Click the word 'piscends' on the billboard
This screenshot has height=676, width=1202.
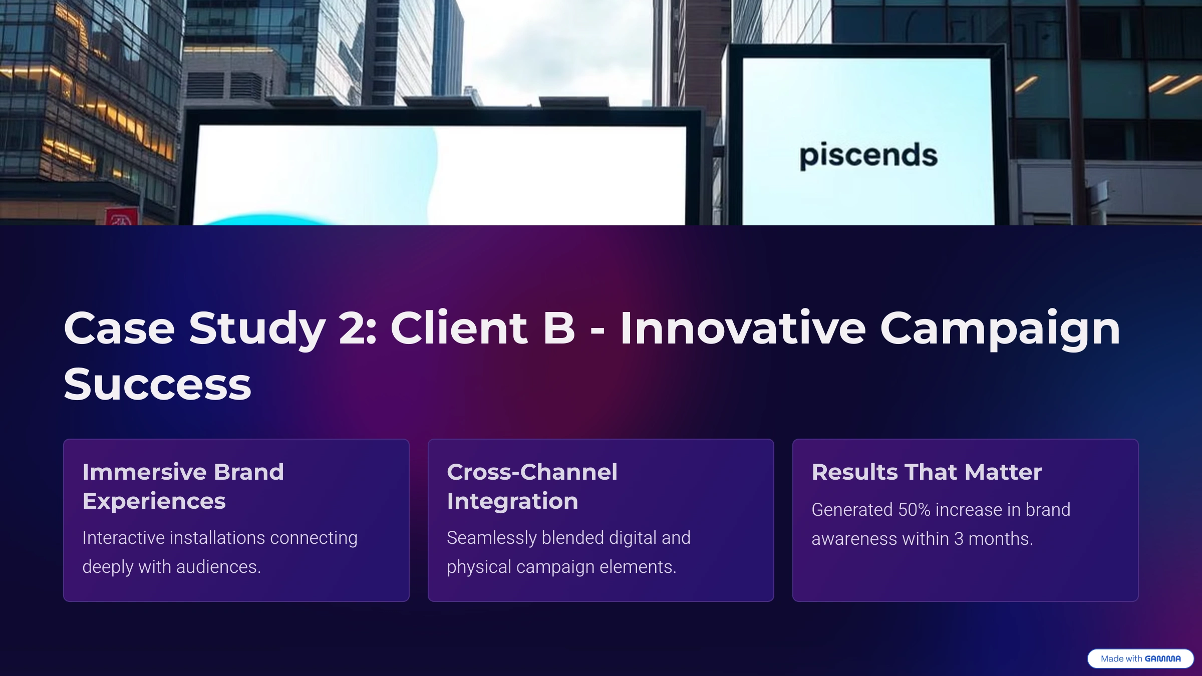(x=868, y=156)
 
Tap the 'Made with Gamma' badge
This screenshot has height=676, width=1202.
(x=1140, y=658)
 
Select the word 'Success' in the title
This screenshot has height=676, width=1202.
(x=157, y=385)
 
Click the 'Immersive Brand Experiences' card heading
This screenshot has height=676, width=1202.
(x=183, y=486)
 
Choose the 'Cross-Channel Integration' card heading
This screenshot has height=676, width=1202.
(x=532, y=486)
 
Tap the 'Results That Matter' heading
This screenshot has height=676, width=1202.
(x=927, y=472)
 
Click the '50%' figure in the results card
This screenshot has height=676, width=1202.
(x=914, y=510)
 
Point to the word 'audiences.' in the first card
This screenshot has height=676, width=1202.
(x=218, y=567)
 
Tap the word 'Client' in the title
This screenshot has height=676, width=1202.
(x=459, y=328)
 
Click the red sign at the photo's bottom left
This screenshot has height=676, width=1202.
(x=122, y=217)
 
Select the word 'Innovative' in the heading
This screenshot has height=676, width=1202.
(x=743, y=328)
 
